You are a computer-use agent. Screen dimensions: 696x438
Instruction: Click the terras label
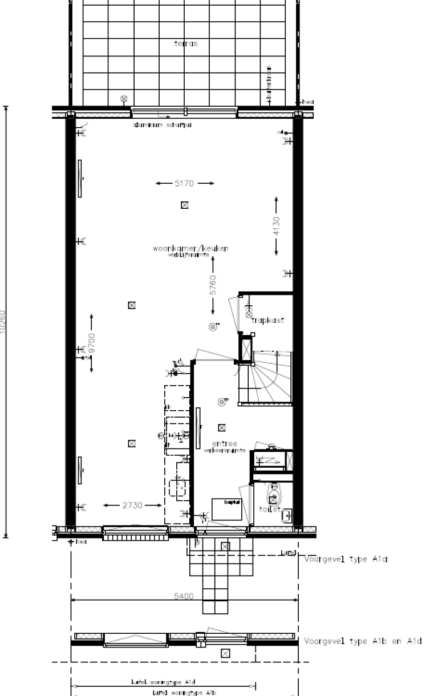click(x=186, y=43)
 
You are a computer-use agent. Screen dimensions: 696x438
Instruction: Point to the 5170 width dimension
click(x=185, y=184)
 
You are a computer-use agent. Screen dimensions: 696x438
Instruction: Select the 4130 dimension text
click(x=277, y=226)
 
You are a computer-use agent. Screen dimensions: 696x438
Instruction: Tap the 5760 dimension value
click(x=213, y=285)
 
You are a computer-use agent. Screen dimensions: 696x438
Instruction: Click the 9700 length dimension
click(x=92, y=343)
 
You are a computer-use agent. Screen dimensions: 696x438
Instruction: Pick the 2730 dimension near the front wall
click(x=132, y=505)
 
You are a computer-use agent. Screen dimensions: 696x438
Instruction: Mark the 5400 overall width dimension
click(x=184, y=596)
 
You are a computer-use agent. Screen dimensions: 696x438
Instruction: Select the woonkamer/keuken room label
click(x=190, y=249)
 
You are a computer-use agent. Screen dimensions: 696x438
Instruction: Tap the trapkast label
click(x=267, y=321)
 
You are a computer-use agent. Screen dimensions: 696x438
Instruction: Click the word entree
click(x=224, y=443)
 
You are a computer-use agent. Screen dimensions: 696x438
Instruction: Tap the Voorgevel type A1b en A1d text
click(x=362, y=641)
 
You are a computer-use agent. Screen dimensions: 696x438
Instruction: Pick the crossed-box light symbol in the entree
click(x=222, y=427)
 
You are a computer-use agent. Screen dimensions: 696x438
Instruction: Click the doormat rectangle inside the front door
click(x=226, y=508)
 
